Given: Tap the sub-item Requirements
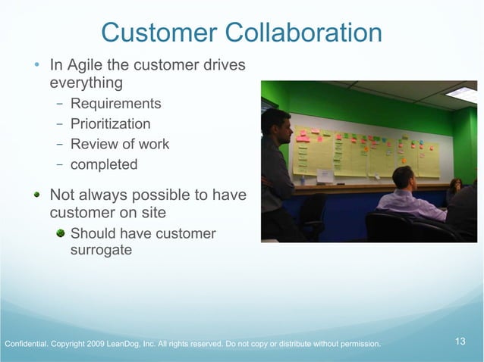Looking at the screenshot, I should [115, 104].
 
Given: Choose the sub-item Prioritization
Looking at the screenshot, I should [110, 124].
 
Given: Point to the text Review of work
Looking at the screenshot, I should [119, 144].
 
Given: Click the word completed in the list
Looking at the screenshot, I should [104, 164].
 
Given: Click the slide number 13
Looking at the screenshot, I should [460, 342].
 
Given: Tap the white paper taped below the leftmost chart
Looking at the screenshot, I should [325, 176].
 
